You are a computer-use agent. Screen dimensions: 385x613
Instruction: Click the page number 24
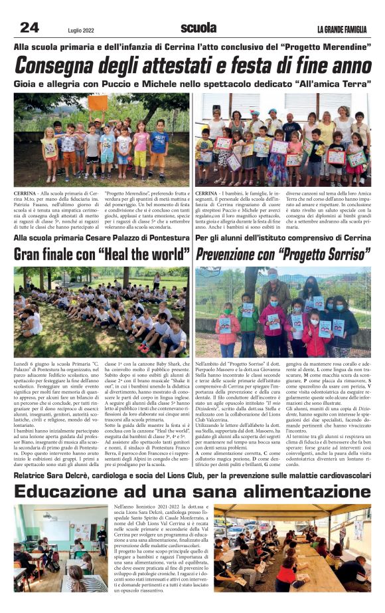[x=29, y=27]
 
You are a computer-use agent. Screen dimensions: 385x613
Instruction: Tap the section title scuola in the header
[x=198, y=27]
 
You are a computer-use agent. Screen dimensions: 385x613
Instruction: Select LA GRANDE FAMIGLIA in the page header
[x=341, y=29]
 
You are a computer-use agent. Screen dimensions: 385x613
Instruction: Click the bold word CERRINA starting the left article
[x=25, y=192]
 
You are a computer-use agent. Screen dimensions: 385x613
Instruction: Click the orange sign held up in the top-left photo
[x=98, y=102]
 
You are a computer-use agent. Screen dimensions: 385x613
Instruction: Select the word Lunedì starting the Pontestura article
[x=24, y=364]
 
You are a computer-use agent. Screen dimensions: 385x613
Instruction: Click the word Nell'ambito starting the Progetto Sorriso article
[x=210, y=364]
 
